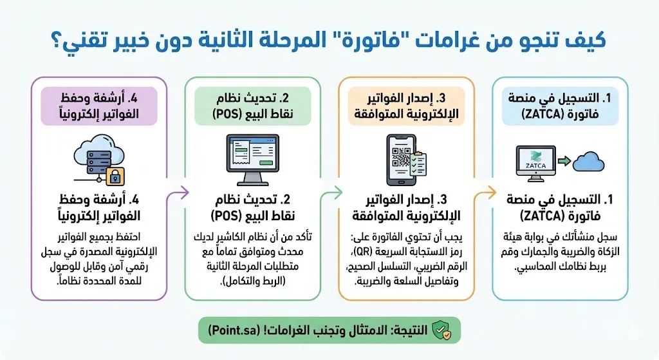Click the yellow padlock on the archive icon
115,176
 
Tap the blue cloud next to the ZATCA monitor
588,162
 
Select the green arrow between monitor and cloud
564,161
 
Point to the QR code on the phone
402,156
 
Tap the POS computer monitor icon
252,160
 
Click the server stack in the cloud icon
99,162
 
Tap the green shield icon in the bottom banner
441,330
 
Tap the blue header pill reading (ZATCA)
560,106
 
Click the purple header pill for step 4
99,106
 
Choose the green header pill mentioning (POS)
252,106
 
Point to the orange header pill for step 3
407,106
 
